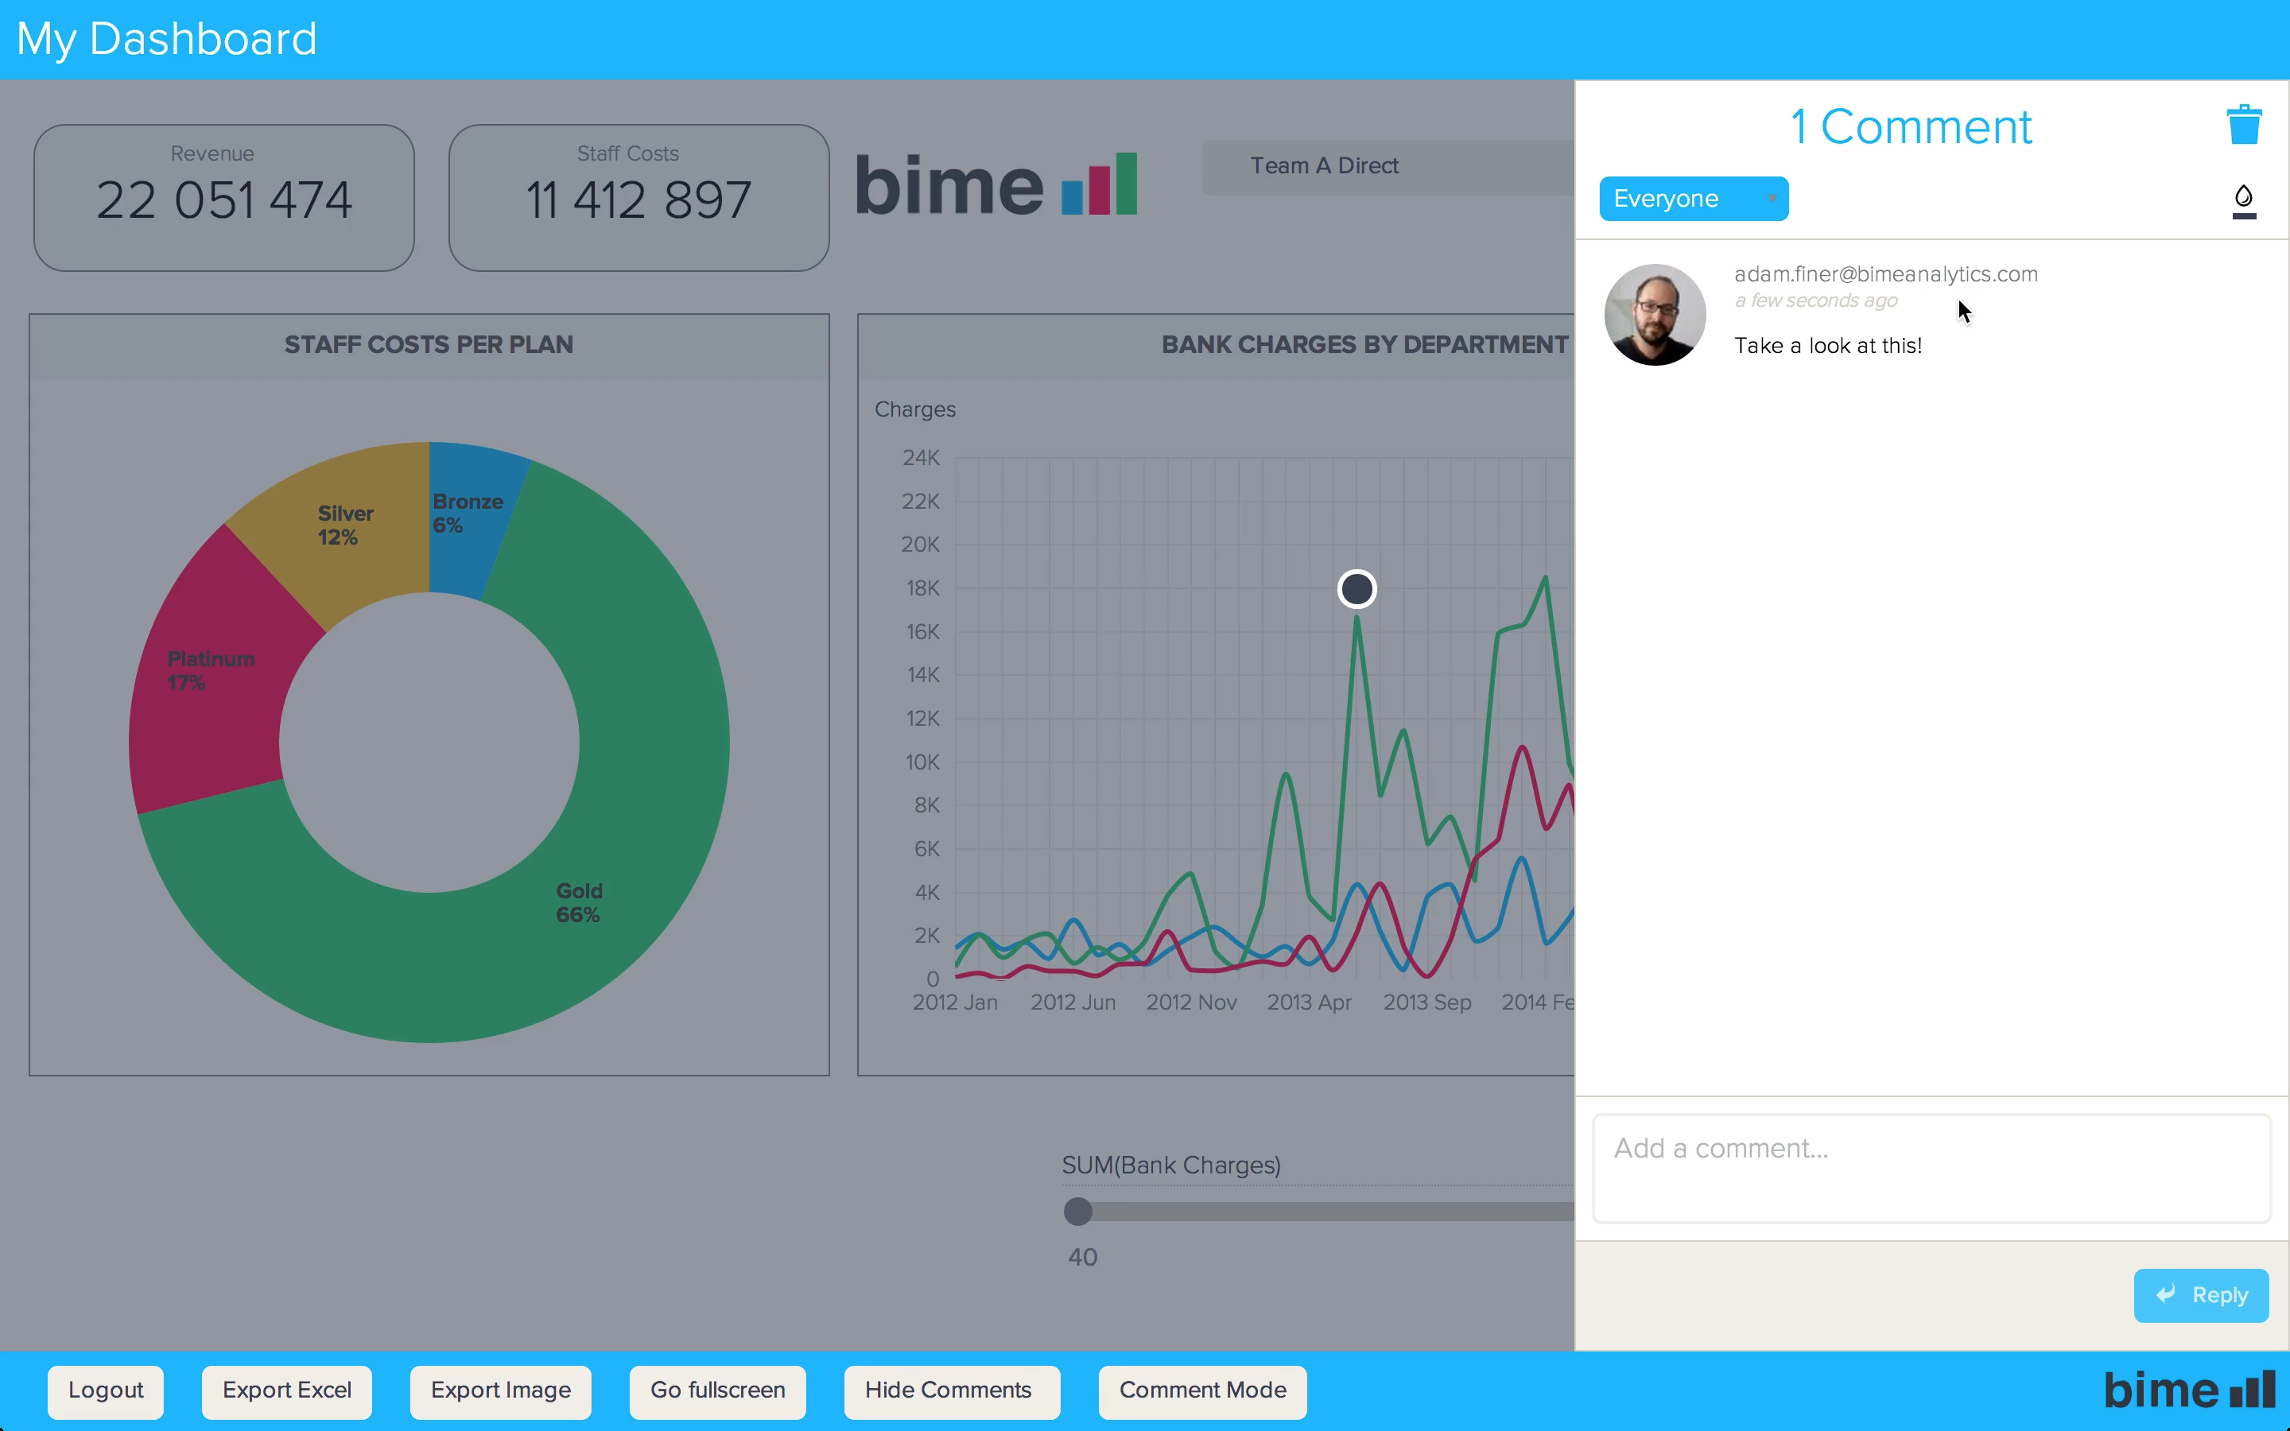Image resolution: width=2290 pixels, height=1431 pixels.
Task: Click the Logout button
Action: (x=105, y=1390)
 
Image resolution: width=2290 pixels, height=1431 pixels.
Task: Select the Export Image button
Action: (x=501, y=1390)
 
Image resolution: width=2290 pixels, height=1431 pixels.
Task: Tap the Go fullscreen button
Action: (x=717, y=1390)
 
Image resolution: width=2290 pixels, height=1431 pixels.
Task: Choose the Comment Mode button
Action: (x=1201, y=1390)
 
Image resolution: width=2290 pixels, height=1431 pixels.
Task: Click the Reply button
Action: (x=2200, y=1295)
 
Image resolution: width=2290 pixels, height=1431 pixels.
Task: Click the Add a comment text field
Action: (x=1931, y=1168)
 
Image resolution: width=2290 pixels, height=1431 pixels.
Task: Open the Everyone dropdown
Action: (x=1693, y=199)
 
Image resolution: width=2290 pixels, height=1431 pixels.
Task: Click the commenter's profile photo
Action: (x=1655, y=314)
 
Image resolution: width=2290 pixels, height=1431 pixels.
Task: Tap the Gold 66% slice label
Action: (x=578, y=903)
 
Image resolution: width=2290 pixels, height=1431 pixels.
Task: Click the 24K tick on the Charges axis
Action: (x=921, y=458)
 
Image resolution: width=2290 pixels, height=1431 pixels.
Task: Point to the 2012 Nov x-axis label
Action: (x=1191, y=1002)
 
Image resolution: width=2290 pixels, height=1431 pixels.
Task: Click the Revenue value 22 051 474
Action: (x=224, y=200)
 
